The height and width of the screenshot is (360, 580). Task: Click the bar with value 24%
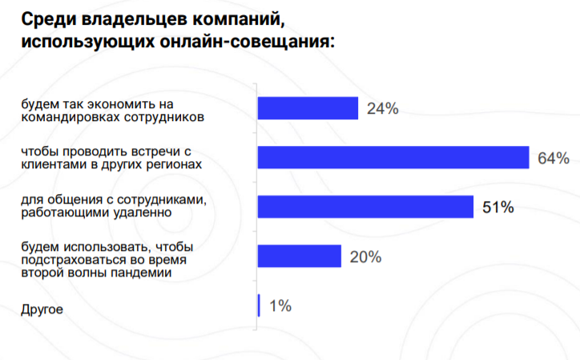pyautogui.click(x=308, y=108)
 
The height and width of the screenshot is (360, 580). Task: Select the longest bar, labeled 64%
pyautogui.click(x=393, y=157)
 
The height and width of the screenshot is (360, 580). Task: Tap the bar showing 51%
pyautogui.click(x=365, y=207)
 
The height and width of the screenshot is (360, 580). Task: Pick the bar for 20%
pyautogui.click(x=300, y=257)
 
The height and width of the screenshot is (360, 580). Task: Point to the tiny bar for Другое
pyautogui.click(x=259, y=305)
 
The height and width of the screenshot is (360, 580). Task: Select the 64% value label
pyautogui.click(x=553, y=158)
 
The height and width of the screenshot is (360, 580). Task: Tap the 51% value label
pyautogui.click(x=497, y=208)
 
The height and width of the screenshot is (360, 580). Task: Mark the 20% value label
pyautogui.click(x=365, y=257)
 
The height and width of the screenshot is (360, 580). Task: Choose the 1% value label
pyautogui.click(x=280, y=305)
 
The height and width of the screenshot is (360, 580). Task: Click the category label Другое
pyautogui.click(x=42, y=309)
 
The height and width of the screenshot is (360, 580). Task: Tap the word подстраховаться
pyautogui.click(x=66, y=260)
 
